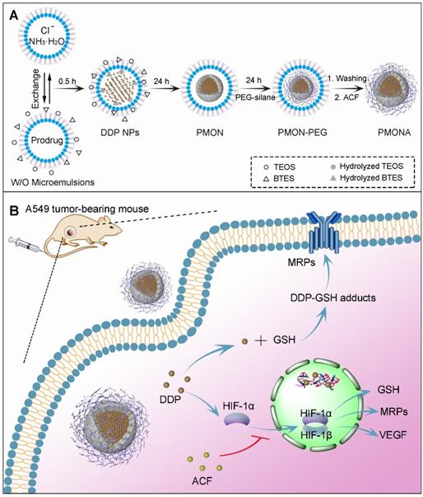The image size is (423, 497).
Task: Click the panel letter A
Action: click(14, 15)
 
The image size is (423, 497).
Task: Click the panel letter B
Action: click(14, 211)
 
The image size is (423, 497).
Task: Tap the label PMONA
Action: click(394, 133)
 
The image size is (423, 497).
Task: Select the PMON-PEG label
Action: click(303, 133)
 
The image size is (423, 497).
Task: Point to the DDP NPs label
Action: click(120, 133)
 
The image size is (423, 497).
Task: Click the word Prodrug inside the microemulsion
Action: click(47, 140)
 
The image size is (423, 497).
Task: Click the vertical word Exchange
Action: click(36, 89)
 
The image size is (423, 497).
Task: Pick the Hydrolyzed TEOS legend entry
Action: click(367, 166)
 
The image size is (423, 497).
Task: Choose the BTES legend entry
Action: click(279, 179)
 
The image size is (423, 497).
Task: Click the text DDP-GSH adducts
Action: click(333, 298)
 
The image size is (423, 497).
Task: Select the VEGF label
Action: click(393, 434)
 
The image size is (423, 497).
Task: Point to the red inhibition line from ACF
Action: click(245, 448)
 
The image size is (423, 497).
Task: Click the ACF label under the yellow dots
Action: click(202, 481)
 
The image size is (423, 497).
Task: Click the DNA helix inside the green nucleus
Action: click(317, 378)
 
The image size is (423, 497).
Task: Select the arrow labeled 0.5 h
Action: click(71, 89)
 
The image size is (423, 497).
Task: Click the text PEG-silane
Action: click(255, 97)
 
